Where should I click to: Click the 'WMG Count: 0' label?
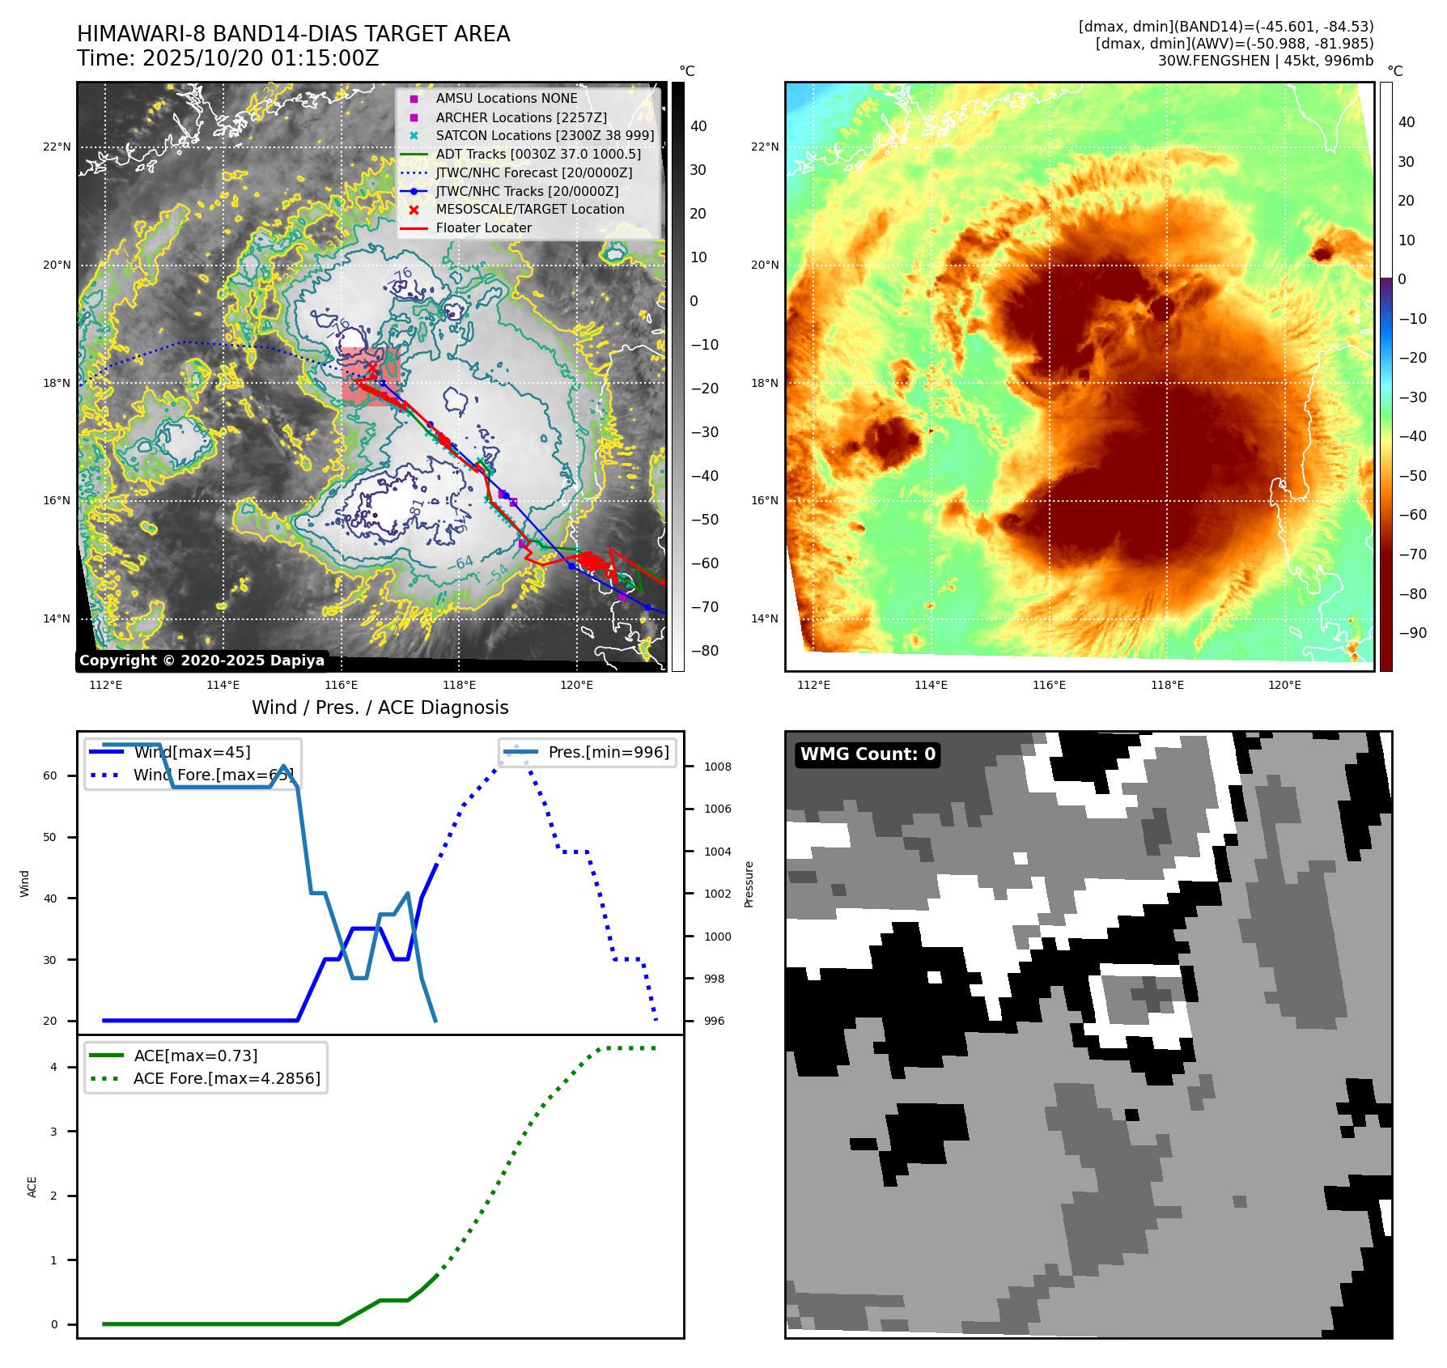(868, 754)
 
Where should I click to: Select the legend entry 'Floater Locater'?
(483, 228)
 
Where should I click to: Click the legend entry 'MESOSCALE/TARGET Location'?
(529, 210)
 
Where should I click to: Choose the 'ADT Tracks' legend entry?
(537, 154)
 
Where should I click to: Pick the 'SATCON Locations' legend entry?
(544, 136)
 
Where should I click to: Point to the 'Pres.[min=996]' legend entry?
(608, 752)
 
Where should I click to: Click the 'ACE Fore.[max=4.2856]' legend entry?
(226, 1078)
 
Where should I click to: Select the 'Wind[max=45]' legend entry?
(192, 752)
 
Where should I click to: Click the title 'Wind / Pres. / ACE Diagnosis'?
(380, 707)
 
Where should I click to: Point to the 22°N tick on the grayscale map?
(57, 147)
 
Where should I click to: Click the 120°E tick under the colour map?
(1284, 686)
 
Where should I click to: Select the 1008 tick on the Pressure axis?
(717, 767)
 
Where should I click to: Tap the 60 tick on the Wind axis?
(50, 775)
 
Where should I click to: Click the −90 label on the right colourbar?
(1412, 633)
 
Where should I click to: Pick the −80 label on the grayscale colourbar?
(704, 651)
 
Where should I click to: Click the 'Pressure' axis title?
(749, 884)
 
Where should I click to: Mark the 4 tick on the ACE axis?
(53, 1067)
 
